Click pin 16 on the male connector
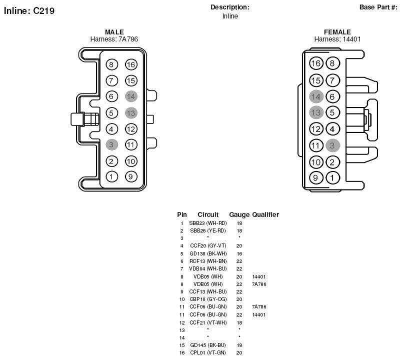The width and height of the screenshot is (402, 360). (131, 64)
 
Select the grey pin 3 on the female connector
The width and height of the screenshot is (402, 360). (333, 145)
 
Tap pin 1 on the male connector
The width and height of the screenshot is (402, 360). (111, 176)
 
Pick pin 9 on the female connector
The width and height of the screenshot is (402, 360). (316, 177)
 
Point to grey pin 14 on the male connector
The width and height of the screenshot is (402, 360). (131, 96)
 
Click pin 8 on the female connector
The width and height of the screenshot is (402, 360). (332, 63)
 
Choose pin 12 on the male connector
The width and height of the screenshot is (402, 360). (131, 129)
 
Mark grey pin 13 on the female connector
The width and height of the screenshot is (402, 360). (316, 112)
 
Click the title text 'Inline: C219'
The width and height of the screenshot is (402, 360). (29, 11)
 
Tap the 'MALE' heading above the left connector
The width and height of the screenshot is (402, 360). (114, 32)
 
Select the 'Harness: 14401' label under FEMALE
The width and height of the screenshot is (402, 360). (337, 39)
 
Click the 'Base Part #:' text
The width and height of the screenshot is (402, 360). (378, 7)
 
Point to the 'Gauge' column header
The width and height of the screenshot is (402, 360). (239, 214)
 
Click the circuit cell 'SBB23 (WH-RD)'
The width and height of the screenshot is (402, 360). (208, 223)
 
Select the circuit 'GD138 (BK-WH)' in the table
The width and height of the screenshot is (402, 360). (208, 253)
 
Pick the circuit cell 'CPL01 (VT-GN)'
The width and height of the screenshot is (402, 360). (208, 352)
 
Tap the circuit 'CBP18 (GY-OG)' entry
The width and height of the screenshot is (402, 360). (208, 299)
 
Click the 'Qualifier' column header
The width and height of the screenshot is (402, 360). (265, 214)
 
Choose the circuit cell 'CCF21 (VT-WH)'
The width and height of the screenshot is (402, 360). (208, 322)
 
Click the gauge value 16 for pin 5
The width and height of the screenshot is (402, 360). (239, 253)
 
